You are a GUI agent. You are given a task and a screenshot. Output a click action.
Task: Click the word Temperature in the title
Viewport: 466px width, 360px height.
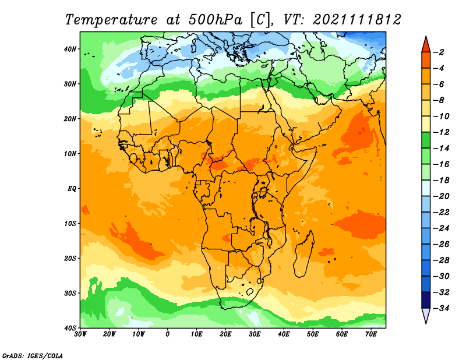tap(111, 20)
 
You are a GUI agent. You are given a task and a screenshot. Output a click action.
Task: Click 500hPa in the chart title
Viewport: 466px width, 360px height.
tap(215, 20)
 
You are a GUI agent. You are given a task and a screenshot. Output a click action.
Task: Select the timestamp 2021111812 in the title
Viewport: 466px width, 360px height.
tap(357, 20)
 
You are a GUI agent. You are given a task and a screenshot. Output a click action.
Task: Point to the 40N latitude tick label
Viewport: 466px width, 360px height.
tap(70, 49)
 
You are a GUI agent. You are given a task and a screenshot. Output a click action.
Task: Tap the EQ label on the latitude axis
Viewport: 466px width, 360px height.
tap(72, 189)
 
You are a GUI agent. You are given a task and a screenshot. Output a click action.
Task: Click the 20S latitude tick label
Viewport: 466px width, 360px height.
tap(70, 258)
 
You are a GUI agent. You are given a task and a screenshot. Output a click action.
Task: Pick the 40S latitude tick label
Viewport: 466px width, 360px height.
tap(70, 328)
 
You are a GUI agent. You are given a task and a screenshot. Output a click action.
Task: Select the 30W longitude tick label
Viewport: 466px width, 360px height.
tap(80, 334)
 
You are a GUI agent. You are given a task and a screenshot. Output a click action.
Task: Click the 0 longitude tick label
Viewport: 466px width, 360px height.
tap(168, 334)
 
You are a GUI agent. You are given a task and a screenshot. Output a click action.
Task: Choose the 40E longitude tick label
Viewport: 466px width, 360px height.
tap(284, 334)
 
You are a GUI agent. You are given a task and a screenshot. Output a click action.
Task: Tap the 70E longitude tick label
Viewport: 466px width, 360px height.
tap(371, 334)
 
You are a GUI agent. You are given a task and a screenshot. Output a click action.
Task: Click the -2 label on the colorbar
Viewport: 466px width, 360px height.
tap(439, 52)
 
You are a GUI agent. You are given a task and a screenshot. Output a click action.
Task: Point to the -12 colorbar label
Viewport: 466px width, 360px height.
tap(441, 132)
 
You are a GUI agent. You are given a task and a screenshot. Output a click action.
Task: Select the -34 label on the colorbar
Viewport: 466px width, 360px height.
tap(441, 308)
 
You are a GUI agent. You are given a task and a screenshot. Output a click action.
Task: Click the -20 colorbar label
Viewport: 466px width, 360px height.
tap(441, 196)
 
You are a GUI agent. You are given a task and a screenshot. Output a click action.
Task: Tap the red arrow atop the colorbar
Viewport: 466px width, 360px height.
tap(426, 45)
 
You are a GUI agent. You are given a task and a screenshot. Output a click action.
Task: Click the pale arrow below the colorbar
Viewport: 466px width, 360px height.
tap(426, 316)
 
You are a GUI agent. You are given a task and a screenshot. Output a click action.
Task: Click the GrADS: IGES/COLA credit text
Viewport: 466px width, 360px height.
tap(33, 355)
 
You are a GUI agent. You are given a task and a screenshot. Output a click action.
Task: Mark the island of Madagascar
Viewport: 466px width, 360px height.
tap(303, 253)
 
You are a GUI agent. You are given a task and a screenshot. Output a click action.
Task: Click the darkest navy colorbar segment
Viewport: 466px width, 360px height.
tap(426, 300)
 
